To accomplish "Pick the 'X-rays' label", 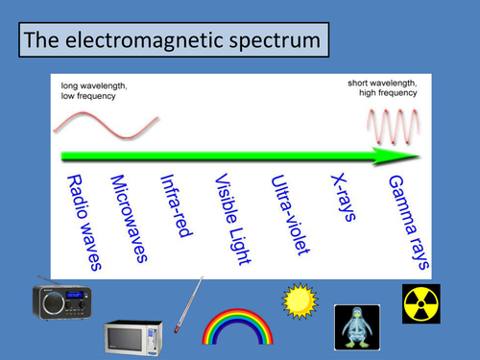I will pyautogui.click(x=342, y=198).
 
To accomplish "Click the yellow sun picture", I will pyautogui.click(x=299, y=300).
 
